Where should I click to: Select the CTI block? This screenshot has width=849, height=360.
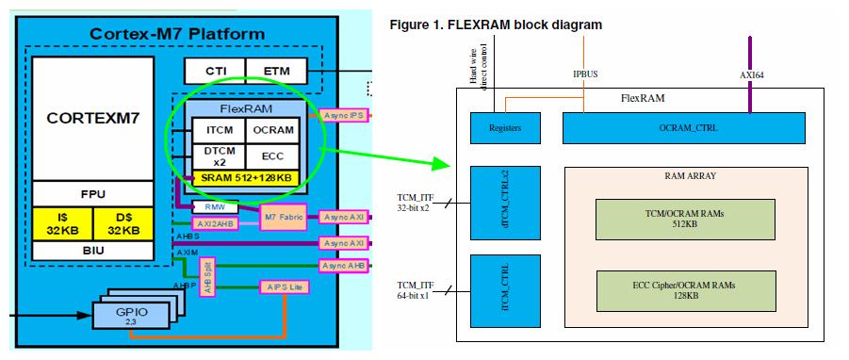click(x=214, y=71)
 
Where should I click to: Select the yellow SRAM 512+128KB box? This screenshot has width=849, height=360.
click(x=245, y=176)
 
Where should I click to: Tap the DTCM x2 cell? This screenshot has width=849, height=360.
click(x=218, y=155)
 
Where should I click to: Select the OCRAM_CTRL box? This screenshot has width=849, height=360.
click(x=683, y=128)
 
